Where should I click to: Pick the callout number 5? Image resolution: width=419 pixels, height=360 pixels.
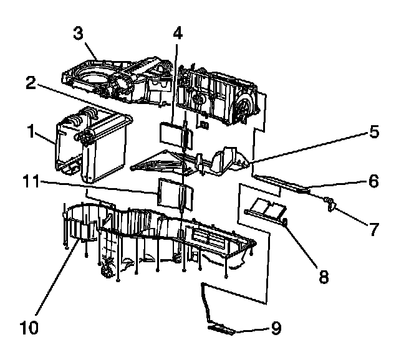(373, 133)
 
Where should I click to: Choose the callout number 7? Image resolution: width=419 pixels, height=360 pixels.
(373, 229)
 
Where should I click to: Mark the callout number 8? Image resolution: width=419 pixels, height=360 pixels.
(323, 276)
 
